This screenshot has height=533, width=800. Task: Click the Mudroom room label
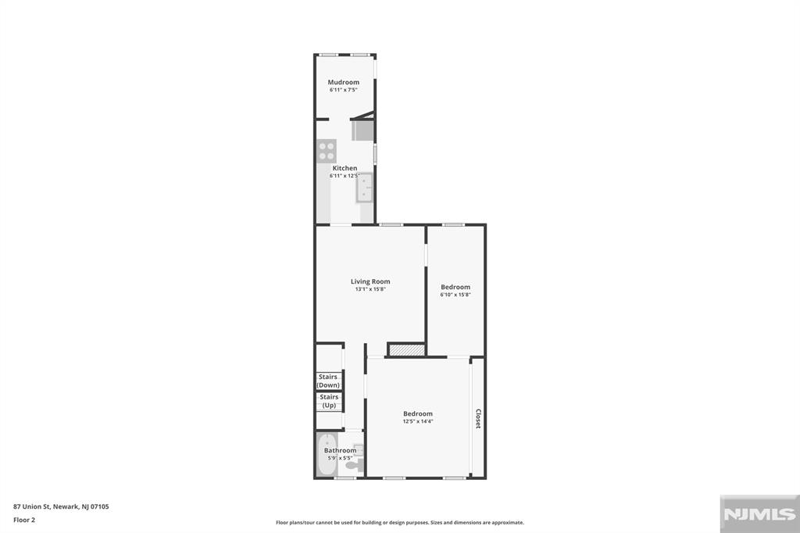pyautogui.click(x=343, y=83)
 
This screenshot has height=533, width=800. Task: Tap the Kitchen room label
pyautogui.click(x=345, y=168)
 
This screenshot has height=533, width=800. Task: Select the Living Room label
pyautogui.click(x=370, y=281)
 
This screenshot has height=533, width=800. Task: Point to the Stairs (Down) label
pyautogui.click(x=328, y=381)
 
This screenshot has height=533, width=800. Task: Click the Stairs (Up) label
pyautogui.click(x=329, y=401)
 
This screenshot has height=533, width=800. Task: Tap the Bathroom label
pyautogui.click(x=341, y=450)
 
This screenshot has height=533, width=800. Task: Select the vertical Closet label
pyautogui.click(x=478, y=419)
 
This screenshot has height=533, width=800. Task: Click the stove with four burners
pyautogui.click(x=327, y=150)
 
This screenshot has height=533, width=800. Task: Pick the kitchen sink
pyautogui.click(x=365, y=188)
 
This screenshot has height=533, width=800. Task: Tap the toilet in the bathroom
pyautogui.click(x=354, y=465)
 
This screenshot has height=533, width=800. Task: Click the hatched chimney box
pyautogui.click(x=406, y=350)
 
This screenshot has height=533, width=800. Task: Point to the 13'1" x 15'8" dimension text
pyautogui.click(x=370, y=289)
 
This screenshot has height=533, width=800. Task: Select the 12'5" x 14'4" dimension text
pyautogui.click(x=418, y=421)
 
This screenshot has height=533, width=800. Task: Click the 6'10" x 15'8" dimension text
pyautogui.click(x=455, y=295)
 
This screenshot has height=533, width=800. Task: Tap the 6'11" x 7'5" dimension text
pyautogui.click(x=343, y=91)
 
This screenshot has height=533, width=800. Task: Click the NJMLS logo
pyautogui.click(x=758, y=514)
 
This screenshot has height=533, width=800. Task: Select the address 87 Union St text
pyautogui.click(x=61, y=506)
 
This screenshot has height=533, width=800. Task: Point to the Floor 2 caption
pyautogui.click(x=24, y=520)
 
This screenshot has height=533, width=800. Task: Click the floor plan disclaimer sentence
pyautogui.click(x=399, y=523)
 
